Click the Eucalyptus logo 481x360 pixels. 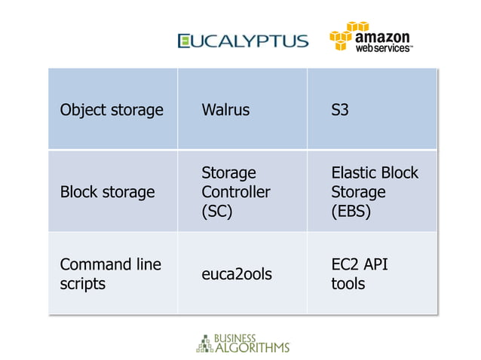[x=243, y=41]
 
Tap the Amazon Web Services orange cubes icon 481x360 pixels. [x=341, y=37]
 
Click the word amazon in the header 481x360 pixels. [x=382, y=35]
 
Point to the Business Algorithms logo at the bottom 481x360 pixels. [x=242, y=343]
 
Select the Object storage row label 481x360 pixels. [x=112, y=111]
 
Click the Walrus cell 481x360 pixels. [x=225, y=111]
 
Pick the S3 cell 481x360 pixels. [x=340, y=111]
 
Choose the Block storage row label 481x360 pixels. [x=107, y=192]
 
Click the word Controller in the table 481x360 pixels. [x=235, y=192]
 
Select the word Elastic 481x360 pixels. [x=354, y=173]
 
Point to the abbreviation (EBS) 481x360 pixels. [x=351, y=212]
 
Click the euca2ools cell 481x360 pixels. [x=237, y=274]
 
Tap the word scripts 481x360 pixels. [x=83, y=284]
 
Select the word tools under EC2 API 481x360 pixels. [x=348, y=284]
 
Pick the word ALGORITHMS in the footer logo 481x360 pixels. [x=253, y=348]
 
